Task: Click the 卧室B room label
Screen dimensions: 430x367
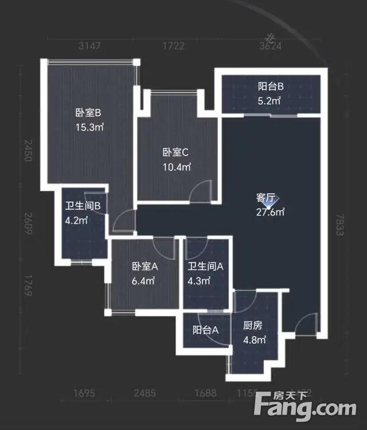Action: [x=88, y=112]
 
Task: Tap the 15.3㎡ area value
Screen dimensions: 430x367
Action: [x=88, y=126]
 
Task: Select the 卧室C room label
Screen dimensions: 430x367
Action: [x=175, y=153]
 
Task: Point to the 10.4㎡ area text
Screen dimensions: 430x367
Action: [x=175, y=167]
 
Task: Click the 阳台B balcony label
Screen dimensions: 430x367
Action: [x=271, y=87]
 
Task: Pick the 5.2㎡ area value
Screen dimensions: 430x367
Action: [x=270, y=101]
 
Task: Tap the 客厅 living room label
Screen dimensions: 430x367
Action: [x=266, y=198]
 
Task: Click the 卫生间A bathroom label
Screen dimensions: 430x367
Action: [x=205, y=267]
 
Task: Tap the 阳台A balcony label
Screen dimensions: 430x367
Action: [x=205, y=330]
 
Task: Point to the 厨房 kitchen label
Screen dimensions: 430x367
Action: [x=252, y=326]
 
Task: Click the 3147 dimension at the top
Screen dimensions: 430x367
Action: [x=89, y=46]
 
